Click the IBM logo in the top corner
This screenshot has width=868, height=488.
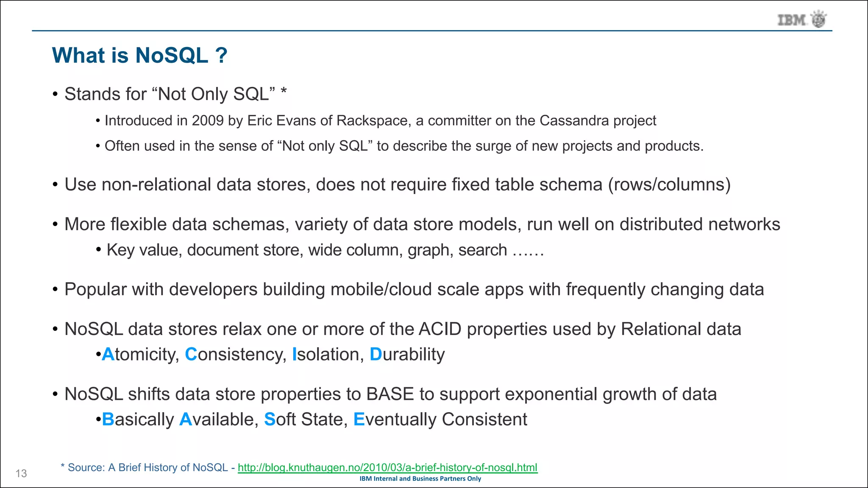(801, 19)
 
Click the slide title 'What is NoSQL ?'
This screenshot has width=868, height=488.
(140, 55)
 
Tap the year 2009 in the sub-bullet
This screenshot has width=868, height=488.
(207, 121)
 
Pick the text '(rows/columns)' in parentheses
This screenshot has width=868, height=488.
(669, 185)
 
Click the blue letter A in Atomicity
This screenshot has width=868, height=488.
(108, 355)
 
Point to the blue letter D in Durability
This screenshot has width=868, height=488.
(376, 355)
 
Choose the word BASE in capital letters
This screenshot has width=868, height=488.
(390, 394)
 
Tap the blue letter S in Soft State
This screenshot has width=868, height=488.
(270, 419)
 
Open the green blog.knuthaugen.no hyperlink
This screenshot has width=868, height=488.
(387, 468)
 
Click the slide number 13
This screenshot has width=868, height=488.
(21, 474)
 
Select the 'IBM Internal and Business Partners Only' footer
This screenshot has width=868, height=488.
(420, 479)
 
